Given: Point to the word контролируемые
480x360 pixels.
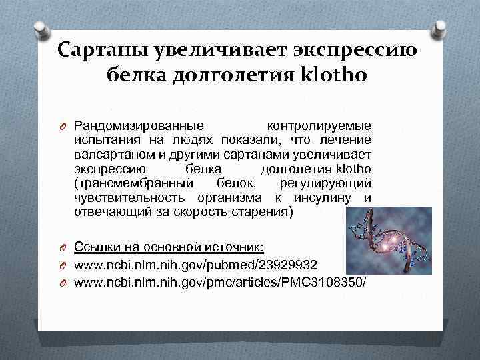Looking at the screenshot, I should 319,125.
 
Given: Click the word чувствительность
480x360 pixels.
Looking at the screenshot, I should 131,197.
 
